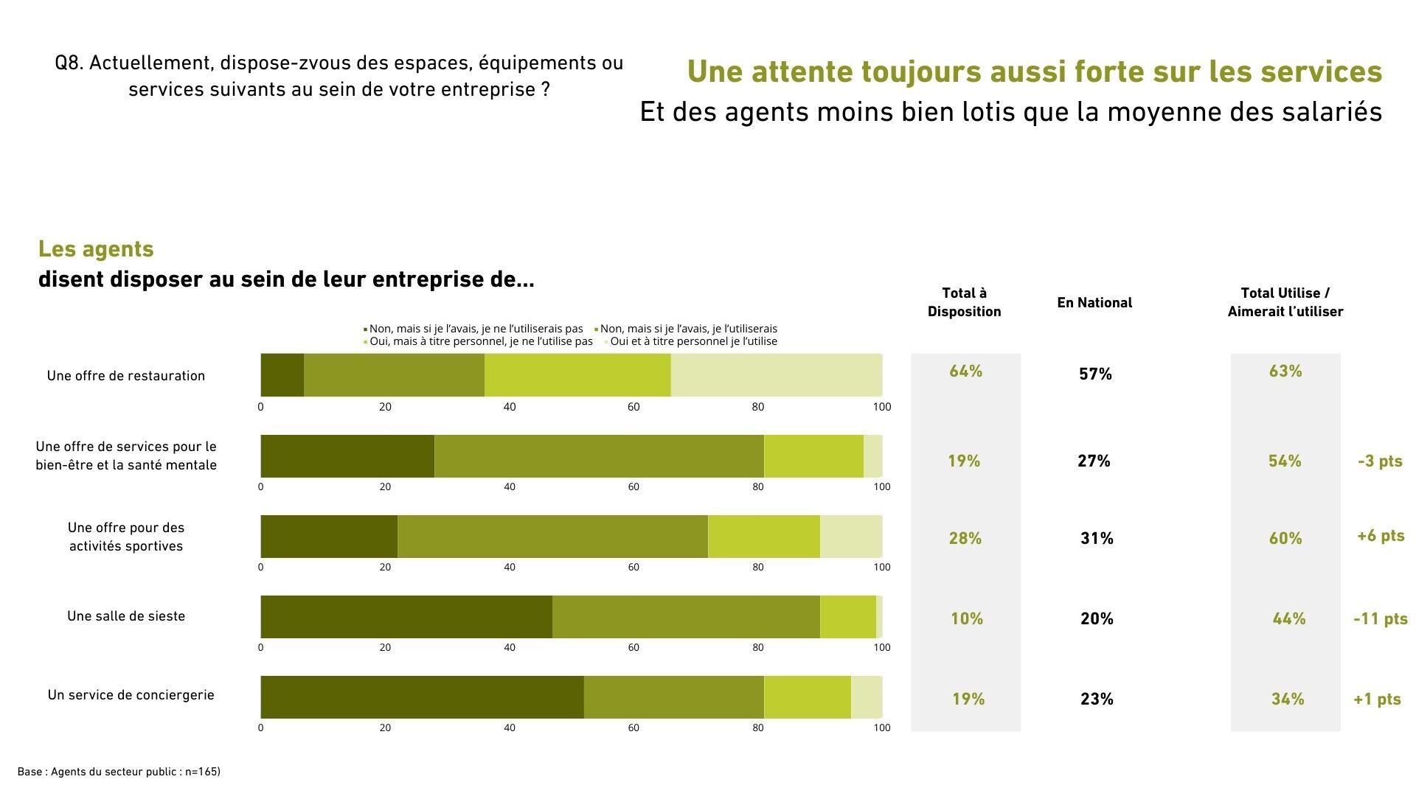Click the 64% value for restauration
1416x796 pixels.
coord(965,371)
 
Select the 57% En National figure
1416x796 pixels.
coord(1095,374)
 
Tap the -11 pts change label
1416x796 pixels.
coord(1380,619)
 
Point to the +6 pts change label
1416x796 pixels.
coord(1380,536)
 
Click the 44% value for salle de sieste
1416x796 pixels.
coord(1288,619)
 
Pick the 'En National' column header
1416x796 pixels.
coord(1094,303)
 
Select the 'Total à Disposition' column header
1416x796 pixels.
coord(964,303)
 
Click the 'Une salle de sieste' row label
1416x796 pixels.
coord(126,616)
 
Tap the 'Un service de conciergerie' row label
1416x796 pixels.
coord(131,695)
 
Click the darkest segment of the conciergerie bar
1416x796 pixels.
coord(422,697)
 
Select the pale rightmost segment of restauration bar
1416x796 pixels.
coord(776,375)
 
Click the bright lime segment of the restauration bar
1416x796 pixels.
coord(577,375)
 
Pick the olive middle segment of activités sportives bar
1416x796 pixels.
coord(552,537)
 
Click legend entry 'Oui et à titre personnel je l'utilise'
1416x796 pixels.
coord(693,341)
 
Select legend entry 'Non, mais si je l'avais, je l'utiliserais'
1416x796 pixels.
coord(688,329)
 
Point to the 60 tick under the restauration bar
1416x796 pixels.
coord(633,407)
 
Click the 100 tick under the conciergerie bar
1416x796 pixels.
coord(881,728)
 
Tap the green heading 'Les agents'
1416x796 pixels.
coord(96,249)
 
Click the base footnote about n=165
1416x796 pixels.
coord(119,772)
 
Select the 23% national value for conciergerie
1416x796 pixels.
coord(1096,699)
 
